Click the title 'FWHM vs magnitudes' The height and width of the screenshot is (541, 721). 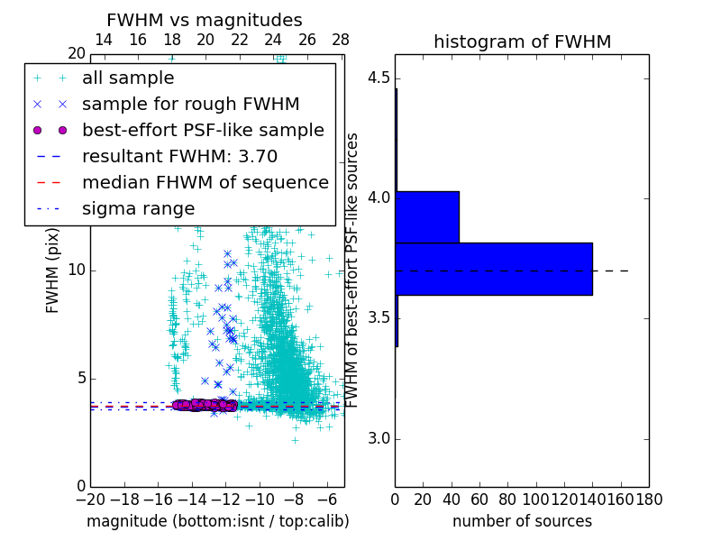tap(205, 20)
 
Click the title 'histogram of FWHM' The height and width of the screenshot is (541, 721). tap(522, 41)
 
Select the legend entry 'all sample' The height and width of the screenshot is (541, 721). tap(128, 78)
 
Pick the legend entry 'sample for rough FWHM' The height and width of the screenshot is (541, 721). tap(190, 105)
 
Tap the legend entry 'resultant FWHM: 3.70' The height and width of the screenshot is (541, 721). tap(179, 156)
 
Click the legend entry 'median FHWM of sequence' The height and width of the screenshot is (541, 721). tap(205, 182)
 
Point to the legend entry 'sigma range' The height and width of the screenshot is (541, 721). tap(138, 208)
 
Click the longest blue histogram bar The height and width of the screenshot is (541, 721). tap(494, 269)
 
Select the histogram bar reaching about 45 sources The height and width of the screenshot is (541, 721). tap(427, 217)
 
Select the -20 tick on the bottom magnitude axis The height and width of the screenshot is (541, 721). tap(90, 499)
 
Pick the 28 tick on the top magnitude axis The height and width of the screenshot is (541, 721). tap(341, 40)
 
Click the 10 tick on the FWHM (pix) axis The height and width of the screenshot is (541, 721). tap(77, 270)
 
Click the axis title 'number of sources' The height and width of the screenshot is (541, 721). tap(522, 521)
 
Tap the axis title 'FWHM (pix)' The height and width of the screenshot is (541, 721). tap(53, 270)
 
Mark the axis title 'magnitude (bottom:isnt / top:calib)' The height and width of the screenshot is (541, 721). tap(217, 521)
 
